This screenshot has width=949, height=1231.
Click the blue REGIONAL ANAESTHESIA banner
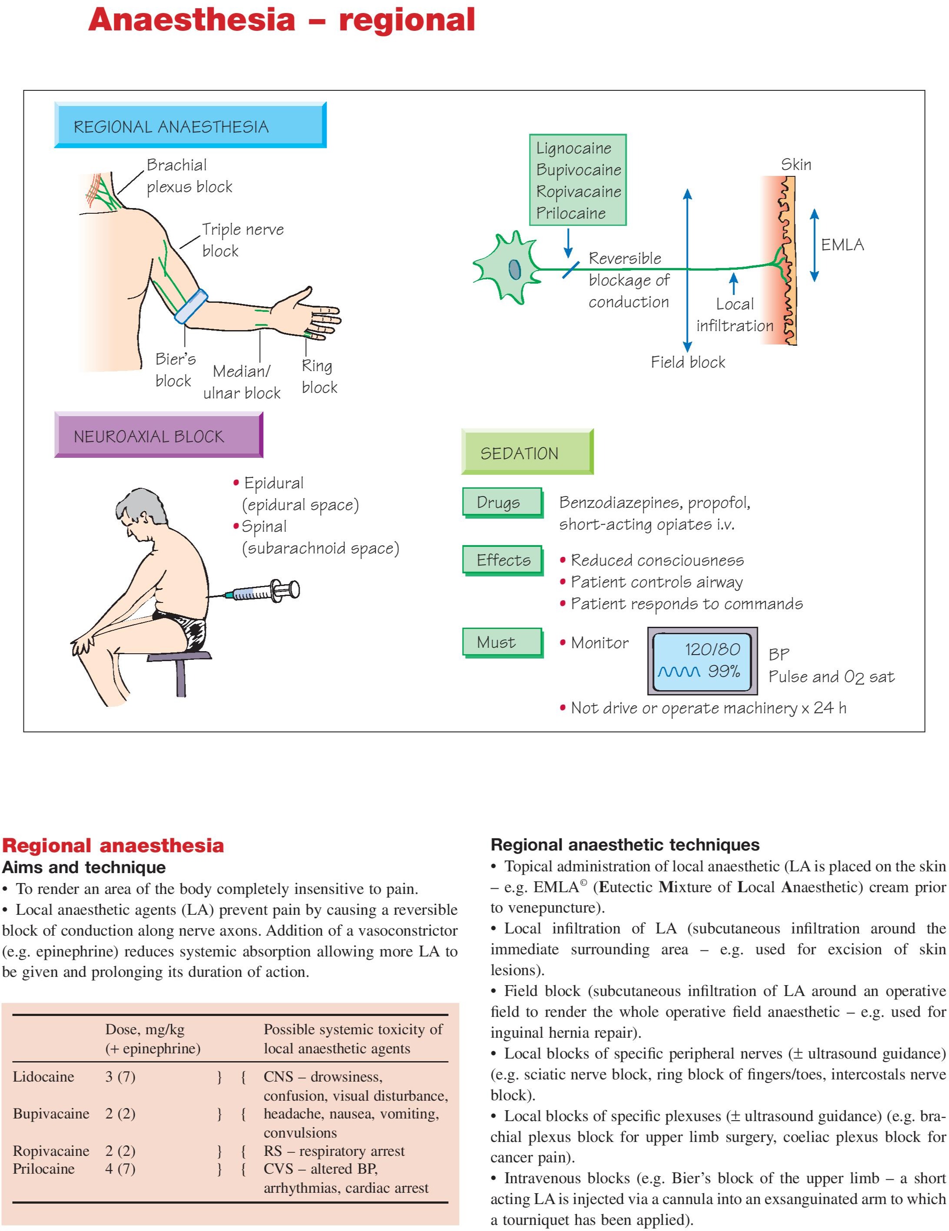(x=190, y=125)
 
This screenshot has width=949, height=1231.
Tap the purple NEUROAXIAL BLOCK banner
(x=159, y=435)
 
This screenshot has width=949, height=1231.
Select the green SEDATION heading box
(x=527, y=452)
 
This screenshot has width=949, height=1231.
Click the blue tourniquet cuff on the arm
(x=192, y=306)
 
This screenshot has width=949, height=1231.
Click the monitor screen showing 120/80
(x=701, y=661)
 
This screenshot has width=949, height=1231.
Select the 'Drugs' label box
(x=502, y=502)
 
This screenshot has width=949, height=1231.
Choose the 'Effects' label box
(x=502, y=560)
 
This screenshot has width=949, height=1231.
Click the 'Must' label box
(x=502, y=642)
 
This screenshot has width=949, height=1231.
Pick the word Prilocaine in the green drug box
(x=570, y=213)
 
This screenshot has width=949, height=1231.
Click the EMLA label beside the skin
(x=842, y=245)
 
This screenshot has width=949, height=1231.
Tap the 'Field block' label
(x=688, y=362)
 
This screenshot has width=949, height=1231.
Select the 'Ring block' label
(x=319, y=377)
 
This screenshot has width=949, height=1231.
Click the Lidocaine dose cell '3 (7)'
(x=120, y=1076)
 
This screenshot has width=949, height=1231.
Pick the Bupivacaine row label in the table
(x=51, y=1114)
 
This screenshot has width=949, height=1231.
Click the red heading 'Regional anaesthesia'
(x=113, y=845)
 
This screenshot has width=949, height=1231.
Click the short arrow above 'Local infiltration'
(x=733, y=283)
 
